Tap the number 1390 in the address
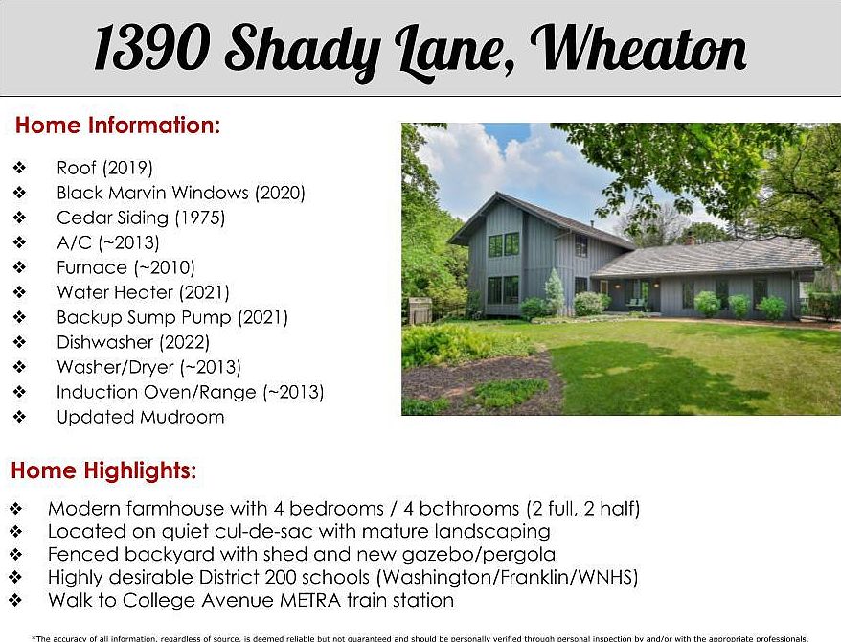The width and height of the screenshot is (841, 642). tap(152, 48)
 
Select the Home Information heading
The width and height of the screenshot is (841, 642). tap(118, 125)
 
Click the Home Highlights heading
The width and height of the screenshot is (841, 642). tap(103, 470)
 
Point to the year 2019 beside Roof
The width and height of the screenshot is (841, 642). tap(128, 168)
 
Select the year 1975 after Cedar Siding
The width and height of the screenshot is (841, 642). tap(200, 218)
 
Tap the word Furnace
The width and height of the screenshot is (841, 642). tap(92, 267)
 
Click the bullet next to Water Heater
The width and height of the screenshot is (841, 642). tap(20, 292)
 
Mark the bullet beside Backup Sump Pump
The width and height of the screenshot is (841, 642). tap(20, 317)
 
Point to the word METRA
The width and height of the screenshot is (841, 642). tap(310, 600)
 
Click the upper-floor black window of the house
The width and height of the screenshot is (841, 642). tap(504, 244)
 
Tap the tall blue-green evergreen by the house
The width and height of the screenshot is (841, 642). tap(555, 291)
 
